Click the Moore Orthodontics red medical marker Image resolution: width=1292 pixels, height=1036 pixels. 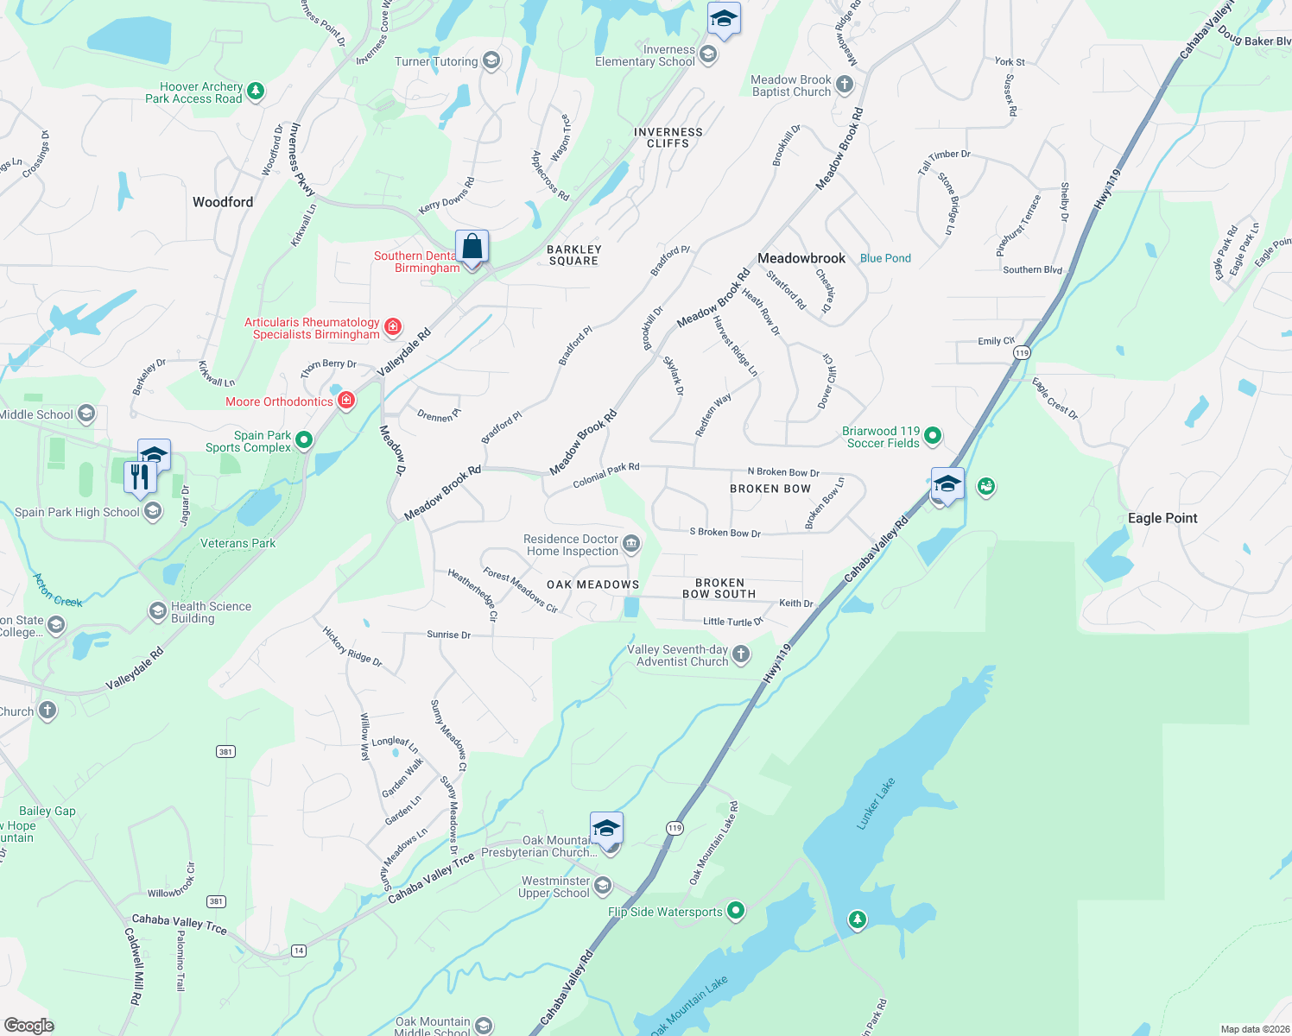pos(346,401)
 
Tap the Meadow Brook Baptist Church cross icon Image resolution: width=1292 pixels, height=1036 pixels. pos(845,85)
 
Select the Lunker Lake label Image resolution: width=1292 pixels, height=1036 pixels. pos(876,804)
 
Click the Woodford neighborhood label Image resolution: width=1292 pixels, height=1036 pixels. pos(223,202)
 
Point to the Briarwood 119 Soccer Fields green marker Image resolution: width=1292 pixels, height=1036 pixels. pos(933,436)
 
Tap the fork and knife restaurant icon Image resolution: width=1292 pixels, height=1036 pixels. pos(139,477)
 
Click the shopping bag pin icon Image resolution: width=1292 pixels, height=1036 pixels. pos(472,247)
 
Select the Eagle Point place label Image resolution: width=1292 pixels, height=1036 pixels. pos(1162,518)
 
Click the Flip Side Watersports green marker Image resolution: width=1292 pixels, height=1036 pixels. pos(736,910)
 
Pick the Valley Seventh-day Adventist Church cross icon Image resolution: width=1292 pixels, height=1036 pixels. pos(741,654)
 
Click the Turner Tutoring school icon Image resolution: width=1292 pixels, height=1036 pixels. pos(491,60)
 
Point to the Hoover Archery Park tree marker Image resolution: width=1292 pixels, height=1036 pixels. pos(255,91)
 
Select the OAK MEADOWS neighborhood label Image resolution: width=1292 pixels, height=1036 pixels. pos(592,584)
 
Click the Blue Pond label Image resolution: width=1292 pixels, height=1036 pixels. pos(885,258)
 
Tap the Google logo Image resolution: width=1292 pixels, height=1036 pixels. pos(28,1026)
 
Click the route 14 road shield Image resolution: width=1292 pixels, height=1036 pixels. pos(298,951)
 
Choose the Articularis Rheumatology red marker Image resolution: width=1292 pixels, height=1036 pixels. pos(393,326)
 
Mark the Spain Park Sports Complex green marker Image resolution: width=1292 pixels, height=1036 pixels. pos(304,440)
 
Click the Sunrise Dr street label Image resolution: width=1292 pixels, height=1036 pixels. pos(448,635)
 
